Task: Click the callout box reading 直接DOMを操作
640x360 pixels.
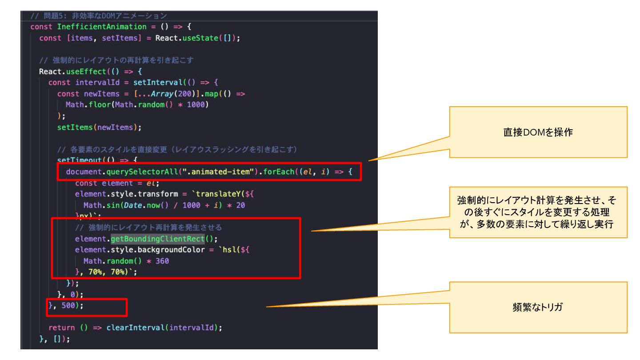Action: point(538,132)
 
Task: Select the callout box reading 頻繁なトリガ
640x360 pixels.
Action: point(538,307)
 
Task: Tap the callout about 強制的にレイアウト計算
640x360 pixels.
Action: point(538,212)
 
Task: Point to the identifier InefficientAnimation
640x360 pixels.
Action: point(102,27)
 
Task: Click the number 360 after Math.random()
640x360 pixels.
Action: point(162,261)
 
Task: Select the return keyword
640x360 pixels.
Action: point(62,328)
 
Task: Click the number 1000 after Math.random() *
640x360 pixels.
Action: point(195,105)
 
